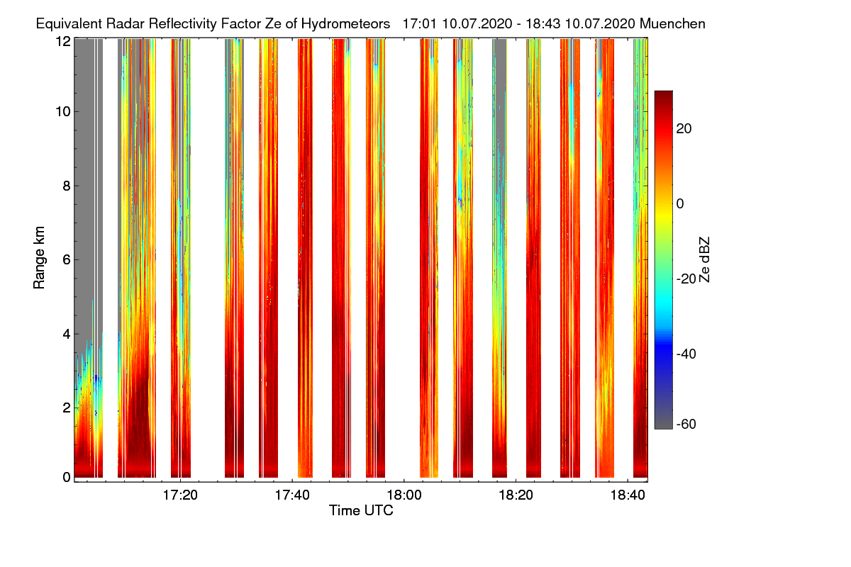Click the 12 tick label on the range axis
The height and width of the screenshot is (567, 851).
point(62,41)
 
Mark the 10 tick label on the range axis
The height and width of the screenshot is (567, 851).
point(62,112)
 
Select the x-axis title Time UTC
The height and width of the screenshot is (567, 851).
point(361,510)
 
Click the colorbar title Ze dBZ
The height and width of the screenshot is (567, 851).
point(705,259)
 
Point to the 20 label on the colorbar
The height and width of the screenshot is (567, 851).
point(685,129)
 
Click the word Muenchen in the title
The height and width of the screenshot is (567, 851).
point(672,24)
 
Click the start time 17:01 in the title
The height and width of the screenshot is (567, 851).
point(420,24)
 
